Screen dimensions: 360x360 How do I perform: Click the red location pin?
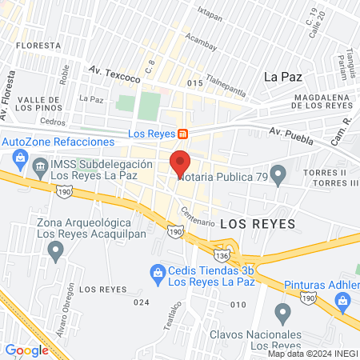click(x=180, y=162)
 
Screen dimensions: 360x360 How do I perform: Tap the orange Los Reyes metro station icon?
click(x=184, y=134)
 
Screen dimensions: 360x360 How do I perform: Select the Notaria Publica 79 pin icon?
click(x=278, y=174)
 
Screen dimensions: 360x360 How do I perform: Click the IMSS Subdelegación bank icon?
click(x=40, y=170)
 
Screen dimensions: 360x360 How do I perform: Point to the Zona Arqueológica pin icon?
click(x=55, y=251)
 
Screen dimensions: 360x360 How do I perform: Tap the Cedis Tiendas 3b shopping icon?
click(x=158, y=274)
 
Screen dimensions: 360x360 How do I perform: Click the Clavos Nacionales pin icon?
click(x=282, y=313)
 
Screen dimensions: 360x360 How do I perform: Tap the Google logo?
click(x=27, y=350)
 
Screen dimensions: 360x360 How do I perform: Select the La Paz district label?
click(x=282, y=77)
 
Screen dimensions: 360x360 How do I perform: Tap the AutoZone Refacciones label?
click(x=58, y=141)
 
